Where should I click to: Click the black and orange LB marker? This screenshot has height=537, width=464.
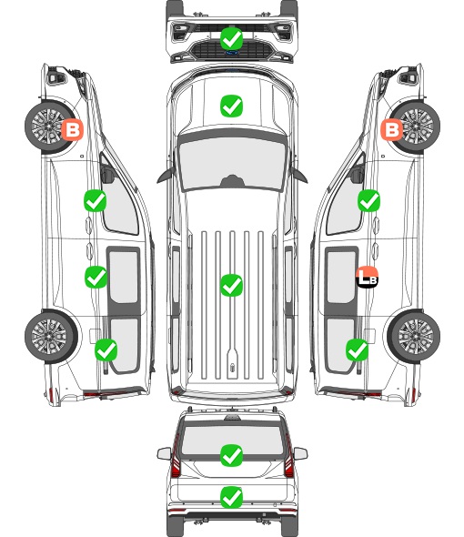coord(367,277)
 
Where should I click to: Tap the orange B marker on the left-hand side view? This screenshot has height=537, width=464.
coord(72,129)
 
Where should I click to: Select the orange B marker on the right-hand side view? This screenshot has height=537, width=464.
coord(392,129)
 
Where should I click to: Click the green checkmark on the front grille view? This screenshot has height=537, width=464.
coord(231,38)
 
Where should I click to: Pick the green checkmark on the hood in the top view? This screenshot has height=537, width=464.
coord(231,106)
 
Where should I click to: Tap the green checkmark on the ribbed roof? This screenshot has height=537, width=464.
coord(231,285)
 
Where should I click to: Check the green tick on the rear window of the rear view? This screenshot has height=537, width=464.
coord(231,455)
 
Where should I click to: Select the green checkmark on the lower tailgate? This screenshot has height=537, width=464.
coord(231,497)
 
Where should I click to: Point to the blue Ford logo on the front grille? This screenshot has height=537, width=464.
coord(231,53)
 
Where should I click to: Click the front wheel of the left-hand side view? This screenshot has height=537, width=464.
coord(51,127)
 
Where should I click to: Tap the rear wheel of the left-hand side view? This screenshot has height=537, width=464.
coord(51,337)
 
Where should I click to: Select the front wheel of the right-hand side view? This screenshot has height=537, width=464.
coord(414,127)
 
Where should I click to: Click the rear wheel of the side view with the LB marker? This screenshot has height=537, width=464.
coord(414,337)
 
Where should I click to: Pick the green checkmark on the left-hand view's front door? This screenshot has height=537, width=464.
coord(95,200)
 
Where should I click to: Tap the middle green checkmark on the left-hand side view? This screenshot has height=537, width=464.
coord(96,277)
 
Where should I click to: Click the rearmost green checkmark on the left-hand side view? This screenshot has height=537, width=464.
coord(106,350)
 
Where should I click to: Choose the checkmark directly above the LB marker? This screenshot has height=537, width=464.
coord(368,200)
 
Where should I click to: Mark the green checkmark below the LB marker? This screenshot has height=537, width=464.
coord(358,350)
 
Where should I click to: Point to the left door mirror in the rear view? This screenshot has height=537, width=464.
coord(164,453)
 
